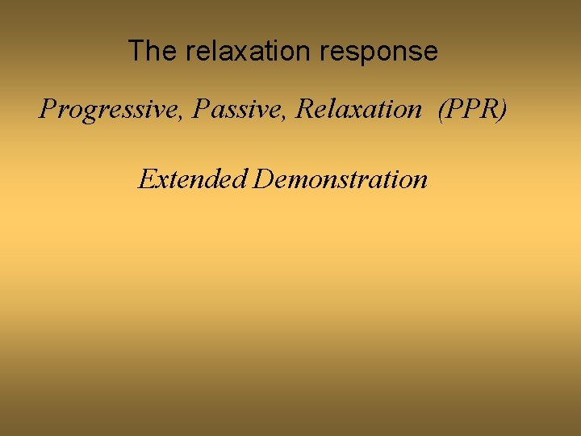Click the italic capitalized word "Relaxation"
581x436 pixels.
click(x=358, y=108)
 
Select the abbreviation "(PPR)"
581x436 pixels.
click(x=472, y=109)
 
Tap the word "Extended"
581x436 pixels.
click(x=192, y=178)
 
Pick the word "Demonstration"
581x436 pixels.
click(x=340, y=178)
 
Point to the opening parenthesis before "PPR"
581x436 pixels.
click(x=441, y=109)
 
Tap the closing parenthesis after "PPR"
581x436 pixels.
click(x=503, y=109)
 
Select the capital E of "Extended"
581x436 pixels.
click(x=146, y=178)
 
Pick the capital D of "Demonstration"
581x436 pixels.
click(x=262, y=178)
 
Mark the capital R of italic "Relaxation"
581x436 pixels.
click(x=304, y=108)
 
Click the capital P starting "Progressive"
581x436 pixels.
click(x=48, y=108)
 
